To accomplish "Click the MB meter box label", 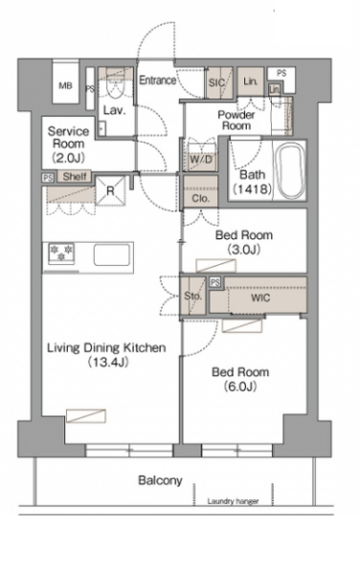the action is tap(65, 86).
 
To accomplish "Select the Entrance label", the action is tap(157, 80).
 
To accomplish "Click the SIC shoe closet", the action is tap(218, 82).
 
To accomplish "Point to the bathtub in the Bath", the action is tap(290, 170).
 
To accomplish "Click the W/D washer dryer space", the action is tap(201, 158).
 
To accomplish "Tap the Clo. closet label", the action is tap(201, 199).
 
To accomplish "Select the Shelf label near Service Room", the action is tap(75, 177).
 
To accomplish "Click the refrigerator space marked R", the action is tap(110, 190).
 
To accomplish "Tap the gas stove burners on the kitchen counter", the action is tap(61, 253).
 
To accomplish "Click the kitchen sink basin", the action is tap(112, 254).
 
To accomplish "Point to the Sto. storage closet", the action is tap(192, 296).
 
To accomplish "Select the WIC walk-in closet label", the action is tap(260, 298).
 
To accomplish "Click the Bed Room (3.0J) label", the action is tap(244, 242).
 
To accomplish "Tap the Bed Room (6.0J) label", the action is tap(240, 379).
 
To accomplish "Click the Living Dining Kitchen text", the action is tap(106, 348).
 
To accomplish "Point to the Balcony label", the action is tap(160, 480).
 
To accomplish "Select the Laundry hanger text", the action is tap(233, 501).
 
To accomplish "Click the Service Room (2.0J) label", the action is tap(69, 143).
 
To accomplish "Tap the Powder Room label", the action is tap(236, 121).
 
